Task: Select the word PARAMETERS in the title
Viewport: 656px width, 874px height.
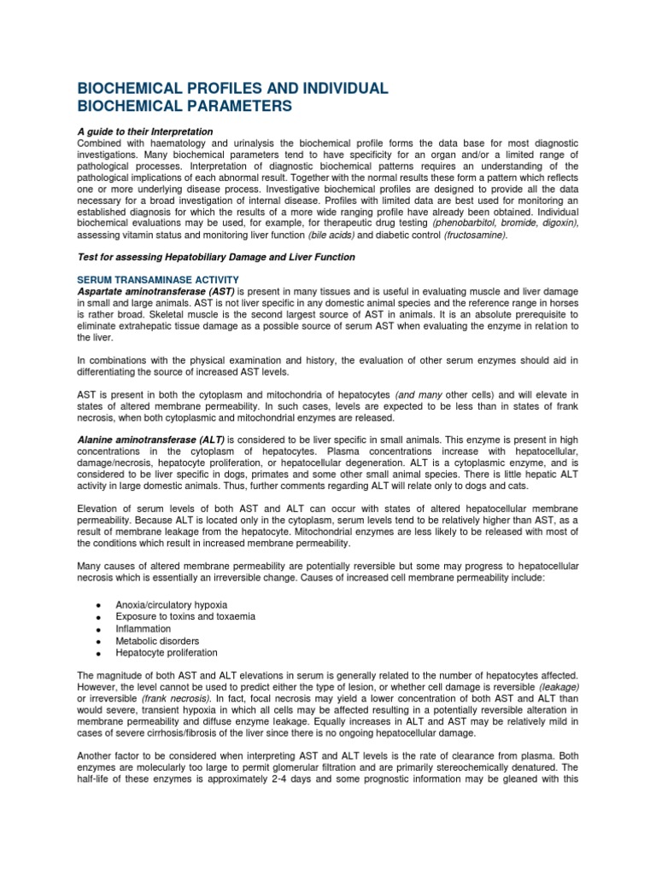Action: (238, 106)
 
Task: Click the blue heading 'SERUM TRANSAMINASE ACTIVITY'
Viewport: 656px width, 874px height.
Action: (158, 280)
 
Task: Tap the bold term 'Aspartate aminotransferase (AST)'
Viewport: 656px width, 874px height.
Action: (151, 292)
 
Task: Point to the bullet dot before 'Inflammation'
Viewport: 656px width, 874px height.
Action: (98, 629)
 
